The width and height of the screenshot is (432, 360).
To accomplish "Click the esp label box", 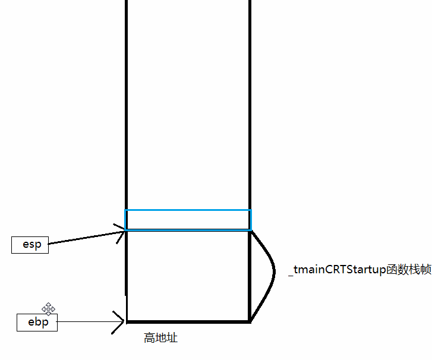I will (x=30, y=244).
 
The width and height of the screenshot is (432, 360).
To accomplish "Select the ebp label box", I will (x=37, y=323).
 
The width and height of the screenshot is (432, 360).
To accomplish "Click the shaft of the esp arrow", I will (x=83, y=238).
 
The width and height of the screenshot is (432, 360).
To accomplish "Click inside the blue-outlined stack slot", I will (x=188, y=220).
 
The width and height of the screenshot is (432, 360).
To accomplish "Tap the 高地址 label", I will (x=160, y=338).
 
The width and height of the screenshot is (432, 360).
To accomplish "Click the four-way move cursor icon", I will (x=48, y=309).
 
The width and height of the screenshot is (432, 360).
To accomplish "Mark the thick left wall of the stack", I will (x=127, y=119).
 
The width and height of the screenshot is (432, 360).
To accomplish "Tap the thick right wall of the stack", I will (x=250, y=119).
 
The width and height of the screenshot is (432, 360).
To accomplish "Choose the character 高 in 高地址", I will (x=149, y=338).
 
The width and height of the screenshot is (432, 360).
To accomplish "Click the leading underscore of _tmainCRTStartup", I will (x=291, y=273).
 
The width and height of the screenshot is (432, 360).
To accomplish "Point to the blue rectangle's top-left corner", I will (x=125, y=210).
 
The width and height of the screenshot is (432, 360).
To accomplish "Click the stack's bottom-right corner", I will (x=250, y=321).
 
